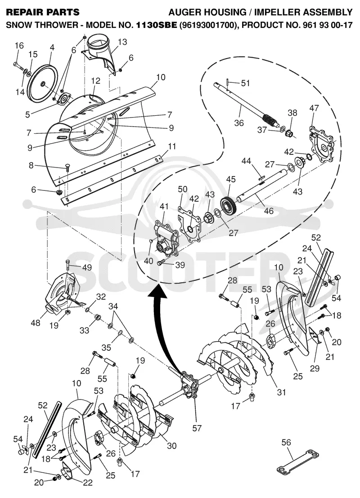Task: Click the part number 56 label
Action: pos(286,443)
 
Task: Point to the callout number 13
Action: pos(122,41)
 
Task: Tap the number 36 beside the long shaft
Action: pos(239,122)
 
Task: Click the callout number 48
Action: pos(36,322)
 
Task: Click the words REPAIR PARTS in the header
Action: pos(43,13)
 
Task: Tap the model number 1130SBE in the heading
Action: pos(156,25)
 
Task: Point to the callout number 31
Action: pos(281,392)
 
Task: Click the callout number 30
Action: pos(171,446)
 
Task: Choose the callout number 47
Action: pos(314,108)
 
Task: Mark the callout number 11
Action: pos(172,146)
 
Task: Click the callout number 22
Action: pos(88,482)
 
